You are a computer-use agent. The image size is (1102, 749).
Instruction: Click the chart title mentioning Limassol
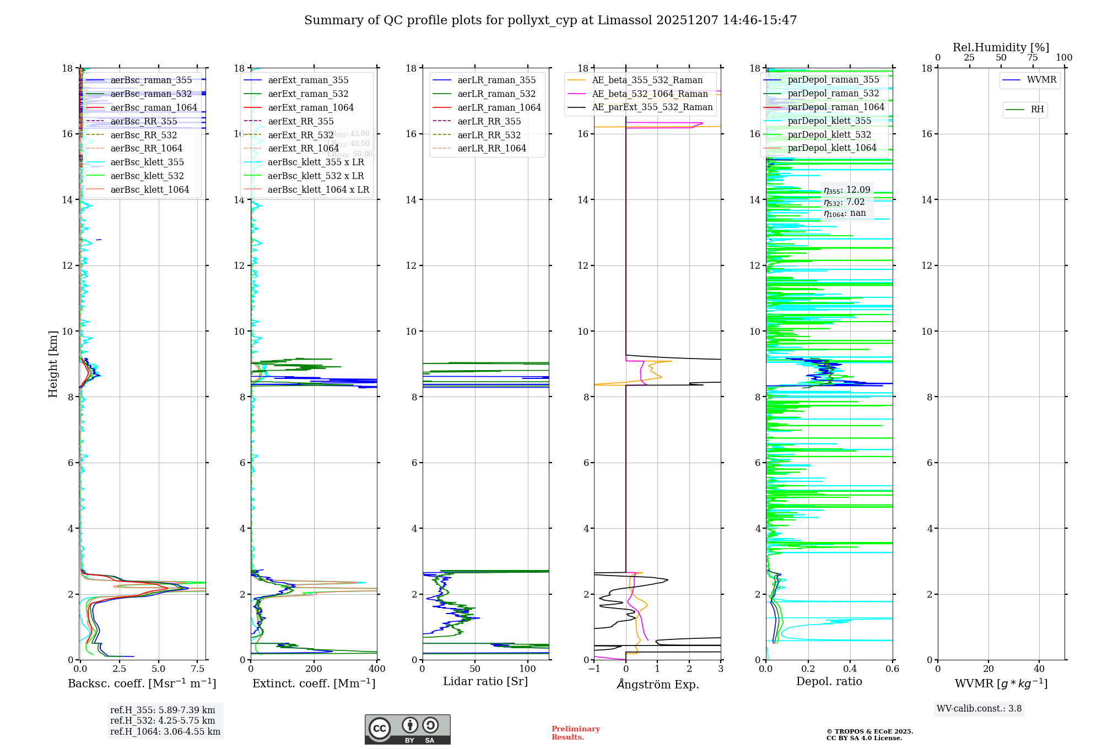(550, 20)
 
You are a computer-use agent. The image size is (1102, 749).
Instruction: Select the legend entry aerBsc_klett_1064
(149, 189)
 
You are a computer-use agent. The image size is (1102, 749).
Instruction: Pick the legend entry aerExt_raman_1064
(311, 107)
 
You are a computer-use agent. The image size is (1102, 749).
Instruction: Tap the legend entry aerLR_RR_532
(489, 135)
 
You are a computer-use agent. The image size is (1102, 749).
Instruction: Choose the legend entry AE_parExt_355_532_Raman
(652, 107)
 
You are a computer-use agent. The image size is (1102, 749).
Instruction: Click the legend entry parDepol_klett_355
(829, 121)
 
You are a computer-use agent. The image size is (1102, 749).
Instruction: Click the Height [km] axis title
(53, 363)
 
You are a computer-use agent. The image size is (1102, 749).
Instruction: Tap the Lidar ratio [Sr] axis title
(485, 682)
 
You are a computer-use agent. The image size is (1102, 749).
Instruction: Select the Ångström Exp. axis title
(657, 685)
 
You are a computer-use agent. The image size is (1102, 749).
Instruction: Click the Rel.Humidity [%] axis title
(1001, 47)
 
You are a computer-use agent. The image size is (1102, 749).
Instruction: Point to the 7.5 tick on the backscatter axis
(197, 669)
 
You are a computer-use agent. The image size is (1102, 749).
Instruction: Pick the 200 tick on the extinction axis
(314, 669)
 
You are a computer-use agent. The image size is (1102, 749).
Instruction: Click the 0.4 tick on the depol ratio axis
(850, 669)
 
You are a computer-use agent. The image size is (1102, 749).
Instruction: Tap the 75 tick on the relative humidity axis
(1033, 58)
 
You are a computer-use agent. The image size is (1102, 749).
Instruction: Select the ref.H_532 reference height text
(163, 721)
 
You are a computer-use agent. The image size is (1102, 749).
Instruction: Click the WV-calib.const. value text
(979, 709)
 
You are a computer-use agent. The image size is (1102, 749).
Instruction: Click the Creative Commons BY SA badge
(407, 730)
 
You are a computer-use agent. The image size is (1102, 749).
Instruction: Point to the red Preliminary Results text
(575, 733)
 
